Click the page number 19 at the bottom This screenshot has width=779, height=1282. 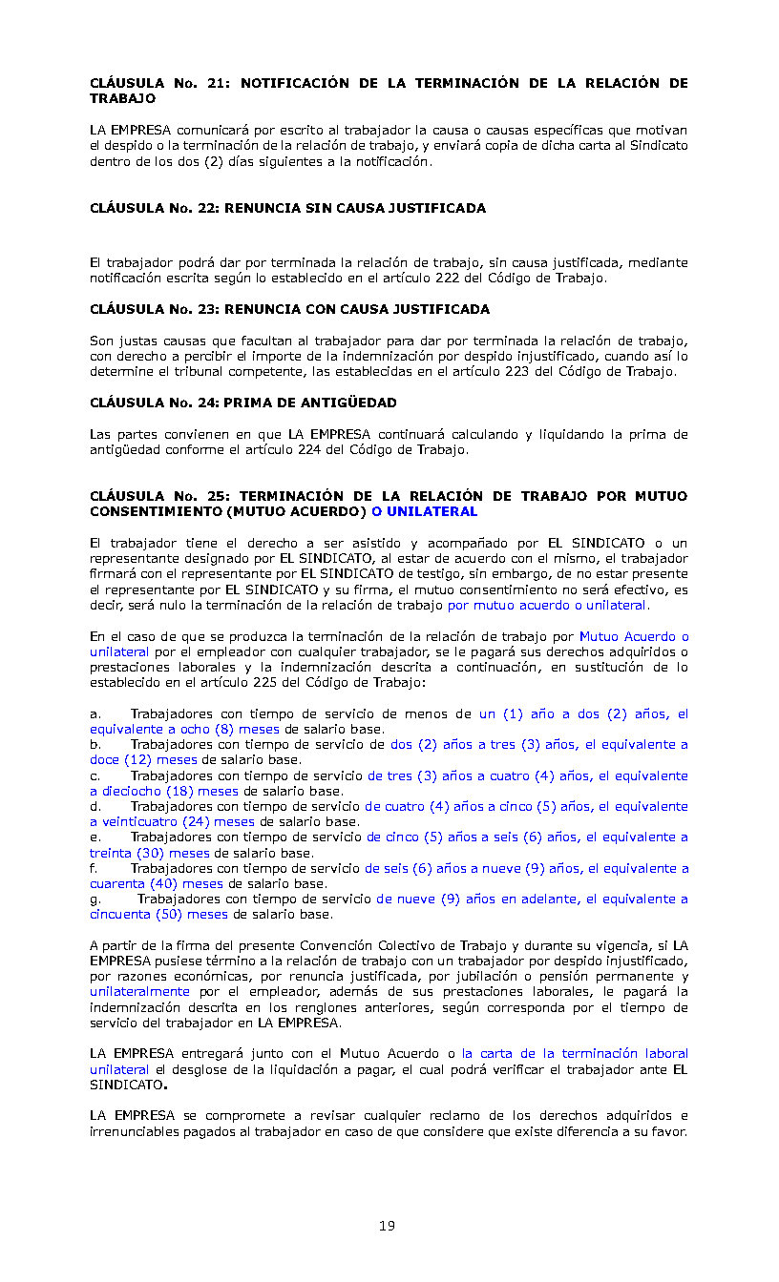pyautogui.click(x=387, y=1226)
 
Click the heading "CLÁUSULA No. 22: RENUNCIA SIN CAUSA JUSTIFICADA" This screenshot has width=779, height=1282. pyautogui.click(x=287, y=208)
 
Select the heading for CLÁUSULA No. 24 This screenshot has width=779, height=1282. pyautogui.click(x=242, y=403)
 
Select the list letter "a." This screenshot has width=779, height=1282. pyautogui.click(x=95, y=713)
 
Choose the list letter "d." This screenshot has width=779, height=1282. pyautogui.click(x=95, y=807)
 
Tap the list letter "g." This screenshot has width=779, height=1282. pyautogui.click(x=95, y=899)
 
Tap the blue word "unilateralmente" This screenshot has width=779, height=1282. pyautogui.click(x=139, y=992)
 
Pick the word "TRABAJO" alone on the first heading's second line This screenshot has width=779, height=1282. pyautogui.click(x=122, y=98)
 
